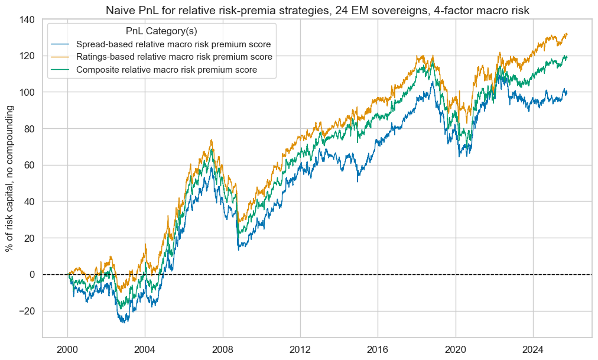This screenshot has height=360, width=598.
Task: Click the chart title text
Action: click(x=316, y=9)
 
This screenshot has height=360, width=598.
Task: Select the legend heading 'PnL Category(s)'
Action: click(x=161, y=31)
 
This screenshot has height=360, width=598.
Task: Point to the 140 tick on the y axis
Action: click(x=27, y=20)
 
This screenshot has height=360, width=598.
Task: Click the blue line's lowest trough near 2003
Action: click(x=124, y=322)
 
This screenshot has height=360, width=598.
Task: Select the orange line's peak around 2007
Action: click(x=212, y=140)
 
